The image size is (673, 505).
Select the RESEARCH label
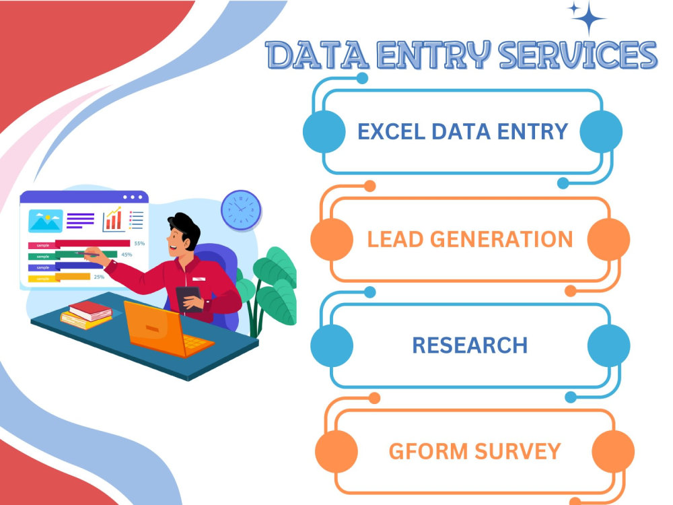[x=470, y=345]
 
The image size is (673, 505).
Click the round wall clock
[x=240, y=209]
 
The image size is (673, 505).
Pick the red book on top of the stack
[x=90, y=310]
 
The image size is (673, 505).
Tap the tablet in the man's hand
[x=189, y=298]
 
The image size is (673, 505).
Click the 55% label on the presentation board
[x=139, y=243]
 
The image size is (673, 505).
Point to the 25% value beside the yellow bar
[x=99, y=277]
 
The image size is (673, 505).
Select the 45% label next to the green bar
[x=126, y=255]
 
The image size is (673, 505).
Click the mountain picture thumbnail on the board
[x=46, y=221]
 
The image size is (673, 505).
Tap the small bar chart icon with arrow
[x=112, y=220]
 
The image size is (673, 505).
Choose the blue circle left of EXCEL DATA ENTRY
[x=324, y=131]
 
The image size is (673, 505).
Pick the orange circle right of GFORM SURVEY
[x=613, y=451]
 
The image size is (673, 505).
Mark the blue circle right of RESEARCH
[x=608, y=345]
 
